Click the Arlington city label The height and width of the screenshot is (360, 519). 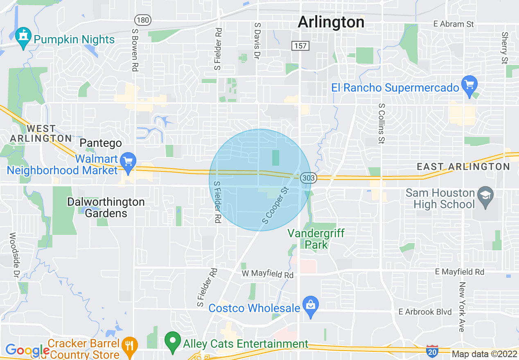[x=331, y=22]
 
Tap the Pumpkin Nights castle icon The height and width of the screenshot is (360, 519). [x=23, y=38]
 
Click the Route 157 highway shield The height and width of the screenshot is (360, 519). [x=300, y=45]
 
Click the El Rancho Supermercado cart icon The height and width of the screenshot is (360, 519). [x=469, y=85]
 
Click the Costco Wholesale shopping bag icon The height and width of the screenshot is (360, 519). [x=311, y=306]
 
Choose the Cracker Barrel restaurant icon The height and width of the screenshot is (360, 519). [x=130, y=346]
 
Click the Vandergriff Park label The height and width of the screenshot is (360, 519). [x=316, y=239]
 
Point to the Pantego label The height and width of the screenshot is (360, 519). [x=101, y=143]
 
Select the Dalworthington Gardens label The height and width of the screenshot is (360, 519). [x=106, y=207]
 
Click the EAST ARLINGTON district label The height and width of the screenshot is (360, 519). [x=463, y=166]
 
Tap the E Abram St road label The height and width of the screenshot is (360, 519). [x=454, y=24]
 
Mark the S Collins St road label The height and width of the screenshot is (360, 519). [x=382, y=123]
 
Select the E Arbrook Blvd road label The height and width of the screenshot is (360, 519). [x=425, y=312]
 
